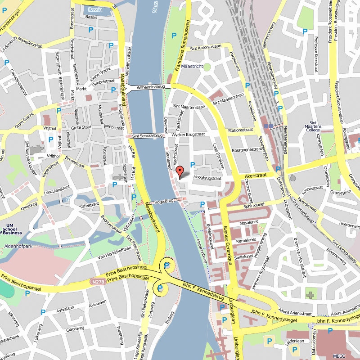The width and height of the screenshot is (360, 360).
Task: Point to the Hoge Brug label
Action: (x=163, y=202)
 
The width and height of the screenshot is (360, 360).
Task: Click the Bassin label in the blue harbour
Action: (x=95, y=9)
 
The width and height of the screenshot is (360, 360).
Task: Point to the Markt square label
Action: (x=81, y=89)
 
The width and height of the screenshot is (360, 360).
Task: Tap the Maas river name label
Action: (x=156, y=10)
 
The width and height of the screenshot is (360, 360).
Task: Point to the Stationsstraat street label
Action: (x=240, y=130)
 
